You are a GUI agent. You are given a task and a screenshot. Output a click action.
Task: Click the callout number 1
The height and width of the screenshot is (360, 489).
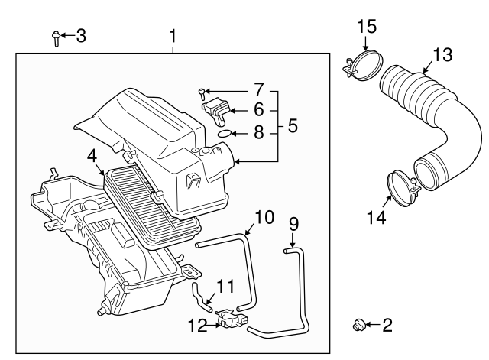click(x=173, y=36)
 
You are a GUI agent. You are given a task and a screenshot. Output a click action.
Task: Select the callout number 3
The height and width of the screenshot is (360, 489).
click(x=80, y=35)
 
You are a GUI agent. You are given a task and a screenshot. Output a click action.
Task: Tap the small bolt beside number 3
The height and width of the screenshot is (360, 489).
click(x=57, y=37)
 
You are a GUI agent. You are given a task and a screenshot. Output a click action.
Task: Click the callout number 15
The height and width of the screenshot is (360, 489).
click(x=367, y=27)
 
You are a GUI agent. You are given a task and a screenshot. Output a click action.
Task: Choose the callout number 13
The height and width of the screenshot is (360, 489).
click(x=442, y=55)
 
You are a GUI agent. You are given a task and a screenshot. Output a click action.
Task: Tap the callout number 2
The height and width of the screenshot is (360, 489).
click(x=387, y=326)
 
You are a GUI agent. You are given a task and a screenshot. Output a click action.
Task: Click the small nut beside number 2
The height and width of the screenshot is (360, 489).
click(x=357, y=326)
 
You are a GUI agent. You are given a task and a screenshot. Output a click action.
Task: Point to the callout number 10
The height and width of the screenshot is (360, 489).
click(x=263, y=218)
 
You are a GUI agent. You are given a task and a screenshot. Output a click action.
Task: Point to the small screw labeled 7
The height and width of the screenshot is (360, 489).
click(x=201, y=93)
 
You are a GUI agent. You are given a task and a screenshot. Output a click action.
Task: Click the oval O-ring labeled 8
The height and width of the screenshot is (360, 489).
click(x=222, y=133)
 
